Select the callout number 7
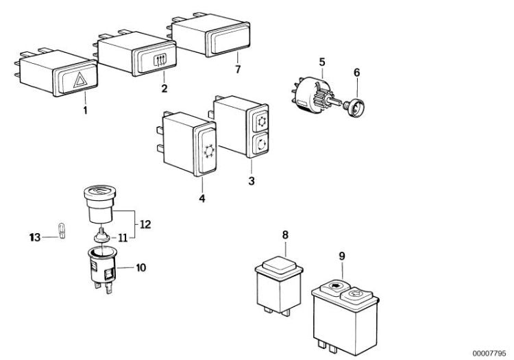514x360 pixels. coord(238,70)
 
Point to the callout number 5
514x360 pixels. coord(321,62)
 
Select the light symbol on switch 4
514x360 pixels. coord(208,147)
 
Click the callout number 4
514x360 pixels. coord(202,200)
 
